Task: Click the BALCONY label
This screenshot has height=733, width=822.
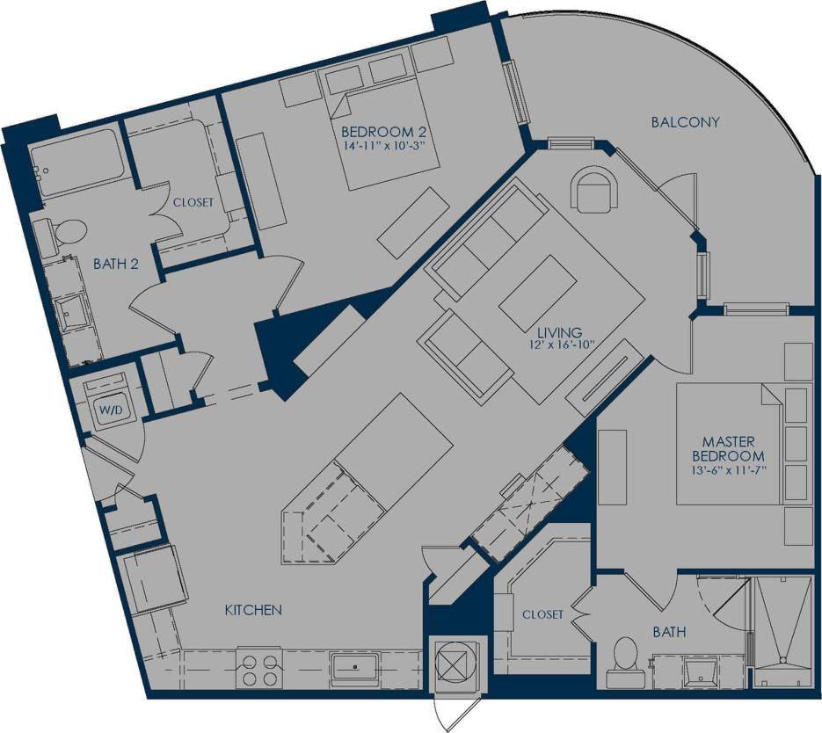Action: (x=685, y=122)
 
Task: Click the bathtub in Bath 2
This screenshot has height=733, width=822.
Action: (x=76, y=163)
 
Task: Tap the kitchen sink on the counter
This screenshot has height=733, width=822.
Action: (x=356, y=668)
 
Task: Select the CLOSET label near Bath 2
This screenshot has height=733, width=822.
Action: (x=193, y=202)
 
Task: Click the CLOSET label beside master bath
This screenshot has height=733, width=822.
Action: (x=542, y=614)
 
